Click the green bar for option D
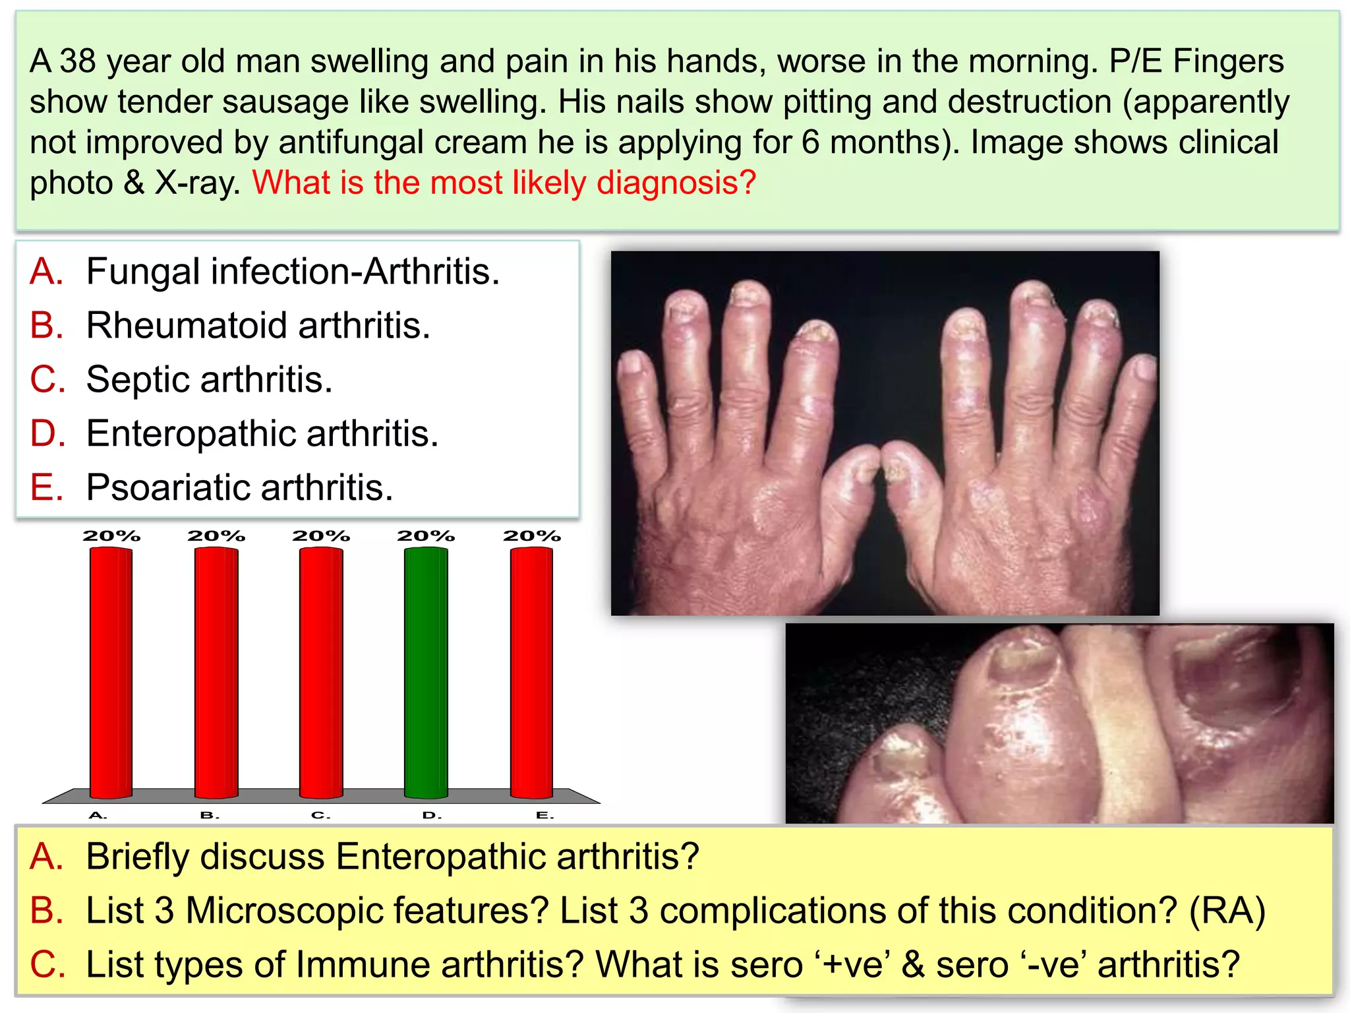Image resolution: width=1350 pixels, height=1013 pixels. click(426, 673)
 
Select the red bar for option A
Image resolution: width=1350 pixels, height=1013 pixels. click(111, 673)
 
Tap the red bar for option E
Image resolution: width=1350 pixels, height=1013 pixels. click(531, 673)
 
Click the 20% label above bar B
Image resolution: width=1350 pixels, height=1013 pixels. click(216, 536)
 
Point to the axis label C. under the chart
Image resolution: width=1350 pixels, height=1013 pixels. click(320, 816)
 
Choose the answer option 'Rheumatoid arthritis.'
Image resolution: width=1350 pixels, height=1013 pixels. click(258, 325)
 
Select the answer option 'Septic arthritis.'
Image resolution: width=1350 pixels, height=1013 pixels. click(210, 379)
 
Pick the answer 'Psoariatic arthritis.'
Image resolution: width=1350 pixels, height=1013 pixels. click(240, 487)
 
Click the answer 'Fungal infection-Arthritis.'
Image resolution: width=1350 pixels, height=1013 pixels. click(293, 271)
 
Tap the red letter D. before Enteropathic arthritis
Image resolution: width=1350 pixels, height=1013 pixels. click(47, 433)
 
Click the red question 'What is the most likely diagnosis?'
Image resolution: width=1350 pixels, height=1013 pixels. click(504, 183)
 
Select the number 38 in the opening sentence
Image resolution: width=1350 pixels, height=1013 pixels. click(78, 61)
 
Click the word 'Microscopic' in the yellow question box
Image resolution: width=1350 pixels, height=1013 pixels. click(367, 911)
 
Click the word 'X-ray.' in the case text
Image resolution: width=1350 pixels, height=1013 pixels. click(198, 183)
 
